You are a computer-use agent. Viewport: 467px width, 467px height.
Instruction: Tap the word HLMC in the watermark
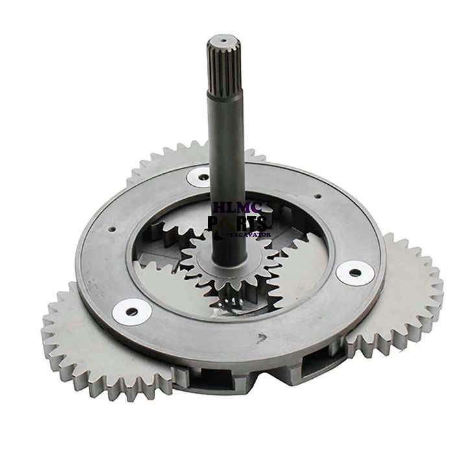pos(237,208)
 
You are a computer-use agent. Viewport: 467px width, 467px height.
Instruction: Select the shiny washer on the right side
pos(354,272)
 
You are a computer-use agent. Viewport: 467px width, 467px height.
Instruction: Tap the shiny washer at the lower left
pos(132,311)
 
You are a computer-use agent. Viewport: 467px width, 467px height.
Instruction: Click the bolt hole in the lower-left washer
pos(132,311)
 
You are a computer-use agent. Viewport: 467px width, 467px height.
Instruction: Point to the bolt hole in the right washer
pos(354,272)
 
